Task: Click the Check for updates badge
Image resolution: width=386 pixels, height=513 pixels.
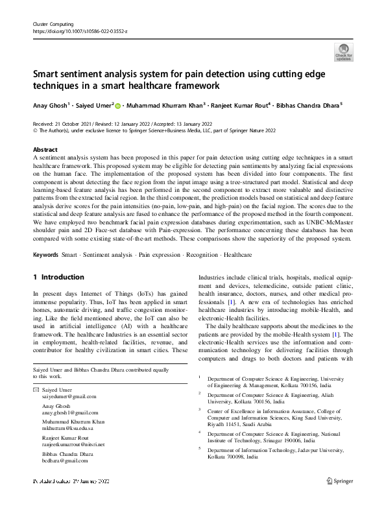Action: [x=344, y=52]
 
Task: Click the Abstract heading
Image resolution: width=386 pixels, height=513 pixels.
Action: [x=45, y=149]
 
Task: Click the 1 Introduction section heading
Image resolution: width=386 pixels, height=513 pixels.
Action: [x=58, y=277]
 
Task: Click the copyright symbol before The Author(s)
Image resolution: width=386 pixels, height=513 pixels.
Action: [x=35, y=130]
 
